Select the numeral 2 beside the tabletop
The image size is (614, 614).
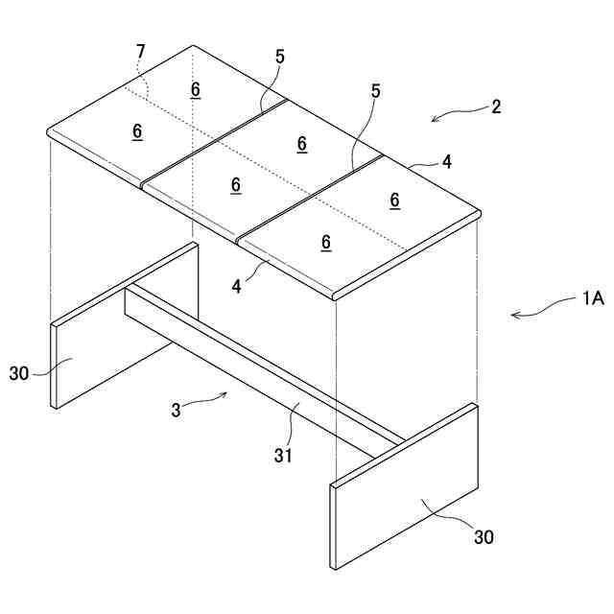click(x=496, y=106)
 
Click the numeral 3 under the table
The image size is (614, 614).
click(x=176, y=411)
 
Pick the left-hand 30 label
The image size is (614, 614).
click(x=19, y=373)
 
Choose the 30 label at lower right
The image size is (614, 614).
click(x=484, y=537)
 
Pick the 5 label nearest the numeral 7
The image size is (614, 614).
click(x=279, y=57)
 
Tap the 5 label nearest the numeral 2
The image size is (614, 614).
click(x=375, y=91)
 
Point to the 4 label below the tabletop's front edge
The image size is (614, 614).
click(x=236, y=285)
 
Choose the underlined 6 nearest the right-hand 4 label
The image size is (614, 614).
click(x=394, y=200)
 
